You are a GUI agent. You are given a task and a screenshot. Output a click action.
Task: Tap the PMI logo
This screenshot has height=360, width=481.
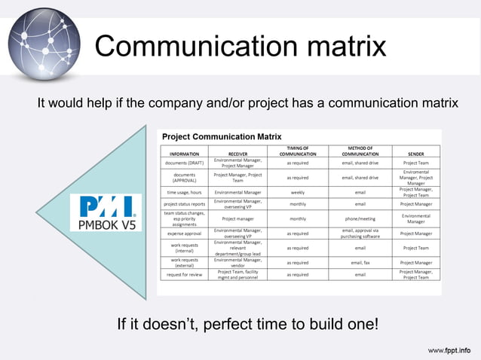tap(106, 206)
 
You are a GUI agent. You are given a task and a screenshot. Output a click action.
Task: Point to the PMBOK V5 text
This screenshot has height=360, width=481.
tap(105, 224)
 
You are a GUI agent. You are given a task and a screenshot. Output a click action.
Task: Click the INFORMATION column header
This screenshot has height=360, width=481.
tap(185, 154)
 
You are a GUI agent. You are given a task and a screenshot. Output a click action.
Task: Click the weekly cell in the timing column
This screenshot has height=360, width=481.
tap(298, 192)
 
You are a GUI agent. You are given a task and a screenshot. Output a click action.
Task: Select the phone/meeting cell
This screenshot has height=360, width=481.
tap(360, 218)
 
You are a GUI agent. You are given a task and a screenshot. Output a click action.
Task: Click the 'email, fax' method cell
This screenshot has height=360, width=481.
tap(360, 263)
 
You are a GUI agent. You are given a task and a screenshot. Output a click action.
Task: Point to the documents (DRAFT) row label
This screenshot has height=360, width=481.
tap(185, 163)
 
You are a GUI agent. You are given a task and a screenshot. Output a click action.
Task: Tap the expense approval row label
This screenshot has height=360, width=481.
tap(185, 233)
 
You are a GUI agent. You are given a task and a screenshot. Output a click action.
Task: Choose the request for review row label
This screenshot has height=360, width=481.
tap(185, 274)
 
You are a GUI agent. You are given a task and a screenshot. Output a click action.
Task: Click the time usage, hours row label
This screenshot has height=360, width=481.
tap(185, 192)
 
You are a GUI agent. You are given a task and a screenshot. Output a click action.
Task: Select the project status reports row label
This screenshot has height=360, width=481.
tap(185, 203)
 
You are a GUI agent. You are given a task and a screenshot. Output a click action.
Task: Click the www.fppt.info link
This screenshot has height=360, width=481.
tap(449, 350)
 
